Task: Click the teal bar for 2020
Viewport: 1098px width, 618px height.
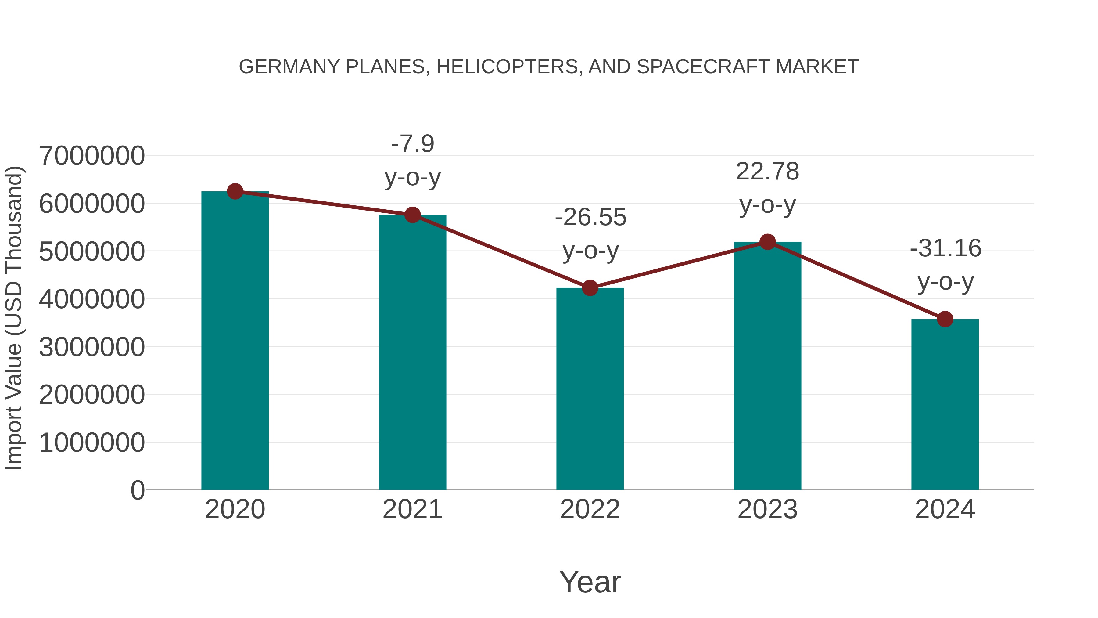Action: pyautogui.click(x=235, y=341)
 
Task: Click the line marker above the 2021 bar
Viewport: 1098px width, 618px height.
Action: pyautogui.click(x=413, y=215)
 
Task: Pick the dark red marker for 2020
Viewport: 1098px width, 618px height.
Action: pyautogui.click(x=235, y=191)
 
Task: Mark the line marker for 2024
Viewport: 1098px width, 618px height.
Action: pyautogui.click(x=945, y=319)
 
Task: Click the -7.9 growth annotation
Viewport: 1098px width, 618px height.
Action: pyautogui.click(x=413, y=144)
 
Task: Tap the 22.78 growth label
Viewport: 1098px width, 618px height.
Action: pyautogui.click(x=767, y=172)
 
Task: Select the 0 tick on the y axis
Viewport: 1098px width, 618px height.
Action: pyautogui.click(x=137, y=490)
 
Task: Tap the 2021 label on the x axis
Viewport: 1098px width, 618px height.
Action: pyautogui.click(x=413, y=509)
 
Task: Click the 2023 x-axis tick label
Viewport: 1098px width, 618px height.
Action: pyautogui.click(x=767, y=509)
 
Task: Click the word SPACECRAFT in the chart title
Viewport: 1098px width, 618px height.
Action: pyautogui.click(x=703, y=67)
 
